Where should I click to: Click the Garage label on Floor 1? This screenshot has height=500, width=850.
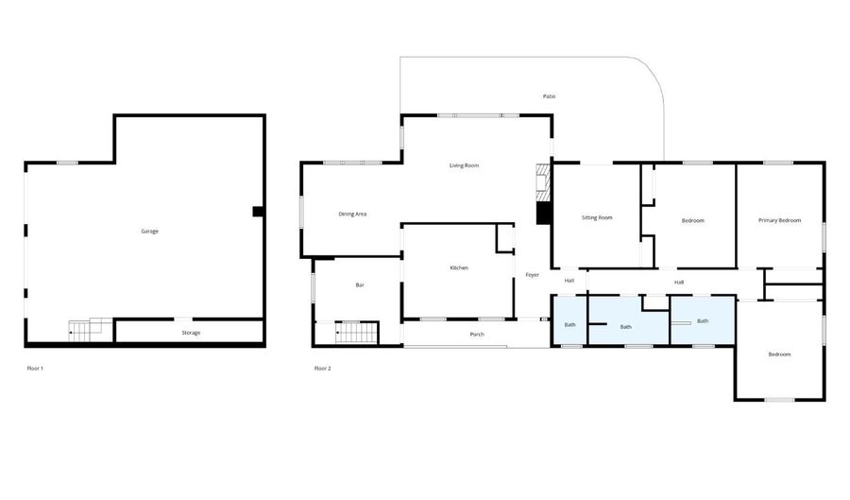149,232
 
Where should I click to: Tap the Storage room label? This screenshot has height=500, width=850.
191,333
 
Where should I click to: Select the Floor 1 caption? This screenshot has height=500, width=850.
35,369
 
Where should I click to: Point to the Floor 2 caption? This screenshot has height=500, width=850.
323,369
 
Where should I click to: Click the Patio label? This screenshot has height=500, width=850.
549,96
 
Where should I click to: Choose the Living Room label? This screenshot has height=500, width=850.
464,165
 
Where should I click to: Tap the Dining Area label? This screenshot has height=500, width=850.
352,215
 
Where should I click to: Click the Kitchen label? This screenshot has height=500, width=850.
459,267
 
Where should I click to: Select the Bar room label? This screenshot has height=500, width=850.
360,285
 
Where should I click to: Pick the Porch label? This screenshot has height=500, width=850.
477,335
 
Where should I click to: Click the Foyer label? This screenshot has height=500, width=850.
533,275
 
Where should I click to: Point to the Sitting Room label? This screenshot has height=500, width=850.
597,218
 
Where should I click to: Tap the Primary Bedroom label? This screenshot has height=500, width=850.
779,221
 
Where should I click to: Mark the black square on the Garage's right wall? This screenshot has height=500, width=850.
258,212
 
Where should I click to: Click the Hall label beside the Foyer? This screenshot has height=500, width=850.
569,281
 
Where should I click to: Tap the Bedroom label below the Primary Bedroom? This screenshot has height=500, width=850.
779,354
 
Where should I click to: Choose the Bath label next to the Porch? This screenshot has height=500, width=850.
570,325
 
